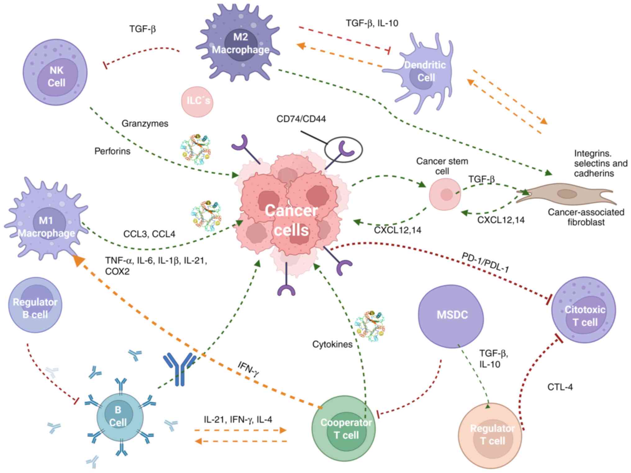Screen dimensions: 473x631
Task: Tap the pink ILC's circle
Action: pos(197,102)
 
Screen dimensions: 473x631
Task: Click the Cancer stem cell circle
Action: pos(445,195)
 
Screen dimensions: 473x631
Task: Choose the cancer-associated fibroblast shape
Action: pos(565,195)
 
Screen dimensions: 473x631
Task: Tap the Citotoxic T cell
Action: pos(584,311)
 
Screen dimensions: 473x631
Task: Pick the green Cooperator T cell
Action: pos(344,429)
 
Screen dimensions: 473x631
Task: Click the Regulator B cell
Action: pos(35,305)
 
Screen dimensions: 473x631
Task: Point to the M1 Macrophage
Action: pos(46,221)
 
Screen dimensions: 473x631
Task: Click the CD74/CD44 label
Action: pos(301,119)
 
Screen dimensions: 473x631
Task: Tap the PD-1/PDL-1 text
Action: pos(485,262)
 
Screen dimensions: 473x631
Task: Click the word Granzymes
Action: pos(145,124)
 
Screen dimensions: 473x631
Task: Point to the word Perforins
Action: pos(112,151)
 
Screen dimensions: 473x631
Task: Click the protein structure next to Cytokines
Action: pos(370,326)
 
